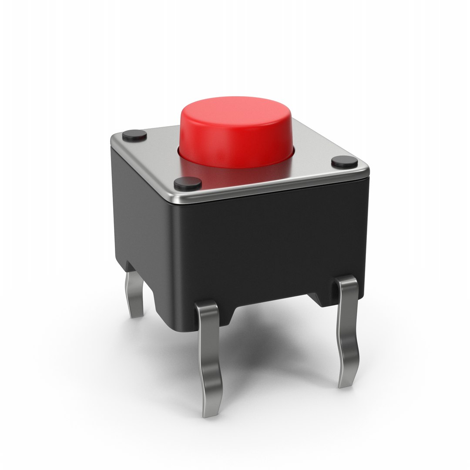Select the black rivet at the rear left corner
(134, 135)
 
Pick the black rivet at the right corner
(345, 162)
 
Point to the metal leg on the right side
(349, 331)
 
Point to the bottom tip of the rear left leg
(138, 314)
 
